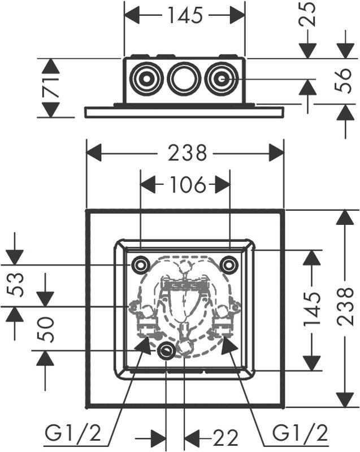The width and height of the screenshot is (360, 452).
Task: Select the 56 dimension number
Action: (344, 80)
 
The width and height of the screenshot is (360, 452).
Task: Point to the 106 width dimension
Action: (188, 185)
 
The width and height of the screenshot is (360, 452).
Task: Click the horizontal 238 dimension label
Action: (188, 153)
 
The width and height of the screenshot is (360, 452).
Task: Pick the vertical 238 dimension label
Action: (345, 306)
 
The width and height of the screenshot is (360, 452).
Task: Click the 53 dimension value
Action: (15, 285)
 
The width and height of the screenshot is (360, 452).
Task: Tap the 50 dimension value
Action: (46, 330)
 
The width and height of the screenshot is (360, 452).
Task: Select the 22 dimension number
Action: (225, 437)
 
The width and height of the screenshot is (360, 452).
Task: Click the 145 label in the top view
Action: (185, 15)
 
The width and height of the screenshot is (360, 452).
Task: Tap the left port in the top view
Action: (147, 79)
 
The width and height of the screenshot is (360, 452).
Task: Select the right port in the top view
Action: (221, 79)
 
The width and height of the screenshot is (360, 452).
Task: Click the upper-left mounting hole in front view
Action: (141, 264)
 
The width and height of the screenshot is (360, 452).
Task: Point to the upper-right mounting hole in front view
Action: (229, 264)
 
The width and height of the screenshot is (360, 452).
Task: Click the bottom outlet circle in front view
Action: (166, 351)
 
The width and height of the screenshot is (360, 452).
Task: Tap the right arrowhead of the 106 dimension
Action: (223, 185)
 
